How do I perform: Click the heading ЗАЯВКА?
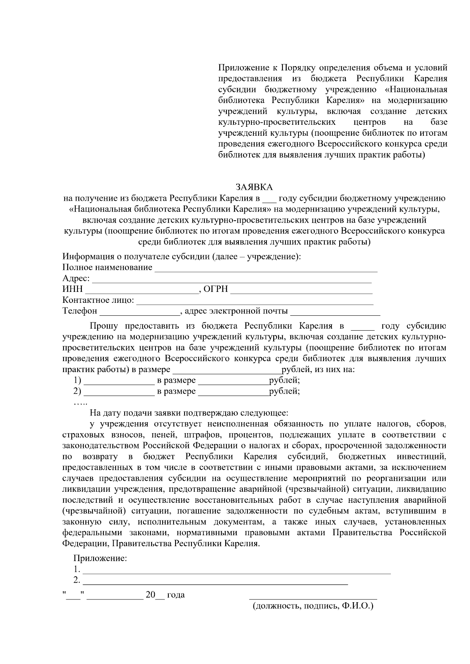pyautogui.click(x=254, y=187)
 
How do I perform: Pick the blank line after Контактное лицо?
pyautogui.click(x=255, y=302)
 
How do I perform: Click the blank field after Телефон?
pyautogui.click(x=139, y=313)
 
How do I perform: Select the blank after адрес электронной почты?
pyautogui.click(x=335, y=313)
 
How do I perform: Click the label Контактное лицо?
pyautogui.click(x=98, y=301)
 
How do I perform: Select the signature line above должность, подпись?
pyautogui.click(x=313, y=598)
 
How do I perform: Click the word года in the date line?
pyautogui.click(x=176, y=595)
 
